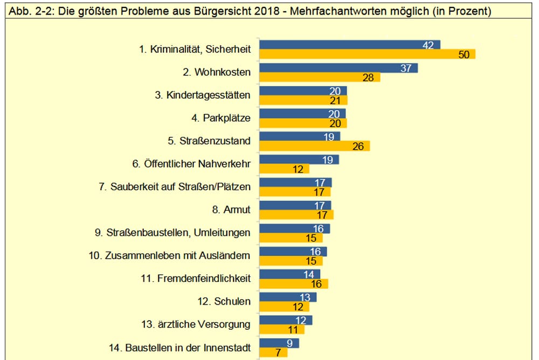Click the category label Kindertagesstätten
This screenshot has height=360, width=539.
[x=203, y=95]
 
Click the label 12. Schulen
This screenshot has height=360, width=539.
[x=224, y=301]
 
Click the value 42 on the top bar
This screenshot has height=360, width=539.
[x=428, y=45]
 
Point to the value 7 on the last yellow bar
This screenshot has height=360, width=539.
[x=278, y=352]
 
